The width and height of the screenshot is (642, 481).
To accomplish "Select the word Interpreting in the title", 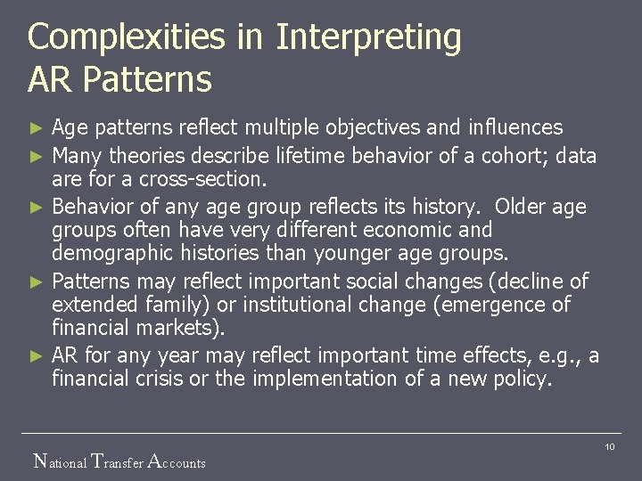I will pyautogui.click(x=368, y=38).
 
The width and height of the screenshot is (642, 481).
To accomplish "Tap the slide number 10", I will pyautogui.click(x=610, y=445).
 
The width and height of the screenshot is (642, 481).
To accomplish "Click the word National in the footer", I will pyautogui.click(x=60, y=462).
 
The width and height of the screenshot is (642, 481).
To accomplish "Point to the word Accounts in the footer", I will pyautogui.click(x=176, y=462).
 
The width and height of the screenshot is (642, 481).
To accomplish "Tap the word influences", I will pyautogui.click(x=518, y=128).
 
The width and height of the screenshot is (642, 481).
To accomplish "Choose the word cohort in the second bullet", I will pyautogui.click(x=512, y=156).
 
